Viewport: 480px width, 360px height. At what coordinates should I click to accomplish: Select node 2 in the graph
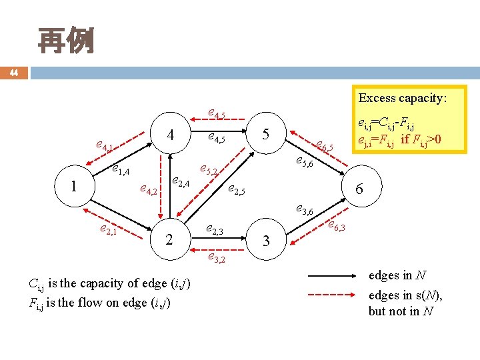tap(169, 239)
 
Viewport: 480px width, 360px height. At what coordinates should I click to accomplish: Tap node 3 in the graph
tap(266, 241)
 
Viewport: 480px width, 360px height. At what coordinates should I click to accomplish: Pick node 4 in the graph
tap(171, 135)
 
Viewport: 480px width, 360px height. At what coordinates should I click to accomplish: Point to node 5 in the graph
tap(265, 135)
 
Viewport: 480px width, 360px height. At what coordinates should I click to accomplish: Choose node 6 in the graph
tap(359, 189)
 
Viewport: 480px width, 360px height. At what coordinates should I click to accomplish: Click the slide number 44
tap(14, 73)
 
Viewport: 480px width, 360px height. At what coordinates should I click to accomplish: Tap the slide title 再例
tap(65, 41)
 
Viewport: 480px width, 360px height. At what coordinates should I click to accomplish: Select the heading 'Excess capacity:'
tap(402, 98)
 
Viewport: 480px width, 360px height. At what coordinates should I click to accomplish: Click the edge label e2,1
tap(107, 230)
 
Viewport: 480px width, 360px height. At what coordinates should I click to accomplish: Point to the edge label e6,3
tap(336, 227)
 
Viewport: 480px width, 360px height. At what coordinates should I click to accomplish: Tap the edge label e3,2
tap(217, 257)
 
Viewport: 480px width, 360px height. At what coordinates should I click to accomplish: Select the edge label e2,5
tap(237, 190)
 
